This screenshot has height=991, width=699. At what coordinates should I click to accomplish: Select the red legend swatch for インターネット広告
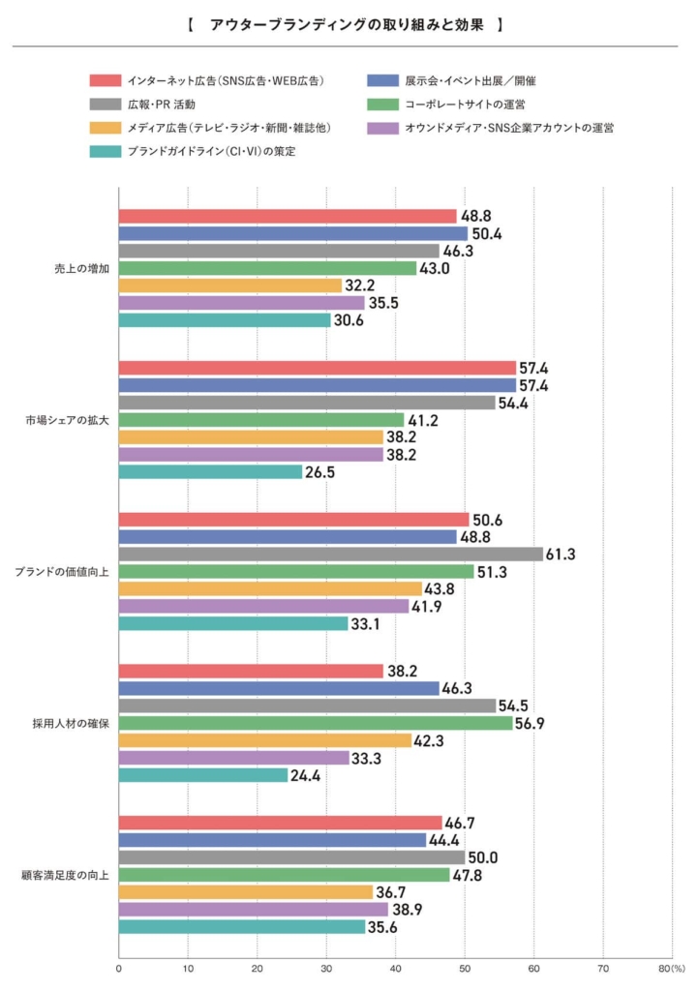tap(105, 79)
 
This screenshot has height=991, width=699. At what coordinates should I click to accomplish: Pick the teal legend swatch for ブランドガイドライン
tap(105, 151)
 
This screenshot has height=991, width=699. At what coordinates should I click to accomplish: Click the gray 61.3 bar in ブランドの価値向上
tap(330, 555)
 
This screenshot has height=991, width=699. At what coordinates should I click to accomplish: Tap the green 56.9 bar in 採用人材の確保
tap(316, 723)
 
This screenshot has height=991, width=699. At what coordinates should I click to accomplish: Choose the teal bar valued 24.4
tap(203, 775)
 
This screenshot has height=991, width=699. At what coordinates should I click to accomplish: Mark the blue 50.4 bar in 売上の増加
tap(292, 233)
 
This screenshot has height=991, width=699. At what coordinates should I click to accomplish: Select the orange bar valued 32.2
tap(230, 285)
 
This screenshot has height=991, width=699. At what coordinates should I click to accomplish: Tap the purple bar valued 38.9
tap(253, 910)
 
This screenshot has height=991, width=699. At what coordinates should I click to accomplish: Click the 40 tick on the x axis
tap(395, 967)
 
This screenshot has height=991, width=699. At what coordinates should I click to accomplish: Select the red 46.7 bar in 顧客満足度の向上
tap(280, 823)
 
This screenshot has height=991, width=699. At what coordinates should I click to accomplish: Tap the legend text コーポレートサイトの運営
tap(458, 104)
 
